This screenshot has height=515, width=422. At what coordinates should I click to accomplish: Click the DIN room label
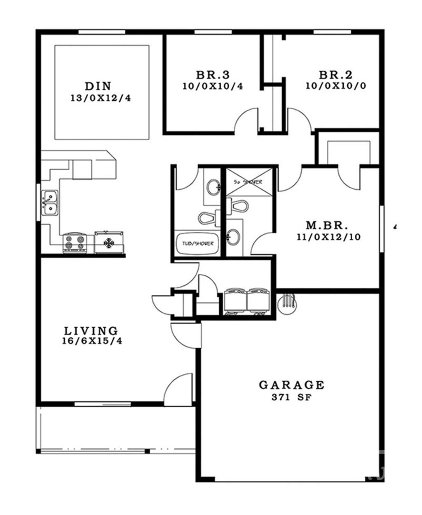(x=98, y=86)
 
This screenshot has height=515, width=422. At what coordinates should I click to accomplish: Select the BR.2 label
(x=336, y=75)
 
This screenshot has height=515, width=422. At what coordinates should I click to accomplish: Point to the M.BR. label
(x=327, y=226)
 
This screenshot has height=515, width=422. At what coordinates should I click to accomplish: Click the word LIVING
(x=91, y=330)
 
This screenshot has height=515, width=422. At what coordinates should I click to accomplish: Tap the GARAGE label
(x=291, y=385)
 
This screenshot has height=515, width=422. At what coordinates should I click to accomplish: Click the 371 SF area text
(x=291, y=398)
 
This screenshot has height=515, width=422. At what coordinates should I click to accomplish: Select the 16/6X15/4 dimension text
(x=91, y=341)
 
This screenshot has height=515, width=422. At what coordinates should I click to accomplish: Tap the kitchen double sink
(x=50, y=203)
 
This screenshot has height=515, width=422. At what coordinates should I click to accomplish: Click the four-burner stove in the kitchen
(x=75, y=242)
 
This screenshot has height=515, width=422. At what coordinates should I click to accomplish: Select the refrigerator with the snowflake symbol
(x=109, y=242)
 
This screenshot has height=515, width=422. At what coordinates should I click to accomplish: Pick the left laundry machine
(x=234, y=301)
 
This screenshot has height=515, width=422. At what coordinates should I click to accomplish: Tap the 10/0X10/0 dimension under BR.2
(x=336, y=86)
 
